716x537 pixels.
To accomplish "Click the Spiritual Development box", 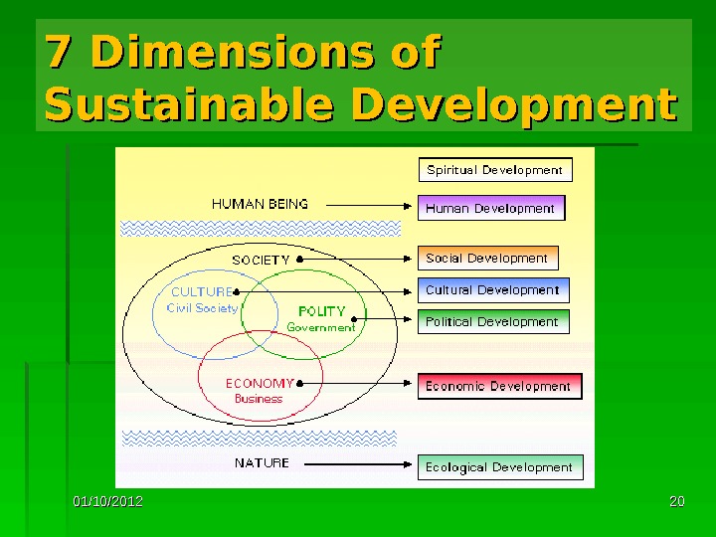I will tap(495, 170).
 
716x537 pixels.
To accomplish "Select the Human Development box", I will tap(490, 209).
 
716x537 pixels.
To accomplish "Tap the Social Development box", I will tap(487, 259).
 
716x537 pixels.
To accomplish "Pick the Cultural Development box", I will tap(493, 290).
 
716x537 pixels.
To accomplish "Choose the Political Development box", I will tap(492, 322).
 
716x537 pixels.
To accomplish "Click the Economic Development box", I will tap(498, 386).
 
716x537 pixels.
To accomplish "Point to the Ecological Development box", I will tap(499, 467).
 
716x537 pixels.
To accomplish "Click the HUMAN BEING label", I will tap(261, 204).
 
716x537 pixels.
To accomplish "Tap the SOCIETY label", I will tap(261, 260).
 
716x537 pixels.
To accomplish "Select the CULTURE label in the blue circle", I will tap(202, 292).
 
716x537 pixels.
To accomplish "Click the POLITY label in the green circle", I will tap(321, 311).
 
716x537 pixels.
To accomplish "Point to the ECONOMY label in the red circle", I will tap(260, 383).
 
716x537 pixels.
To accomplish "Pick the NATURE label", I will tap(262, 463).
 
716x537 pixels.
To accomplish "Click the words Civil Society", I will tap(202, 308).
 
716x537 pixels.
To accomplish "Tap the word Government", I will tap(320, 327).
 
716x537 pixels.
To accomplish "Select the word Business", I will tap(259, 399).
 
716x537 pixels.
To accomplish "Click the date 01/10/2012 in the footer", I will tap(107, 501).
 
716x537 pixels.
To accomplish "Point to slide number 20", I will tap(677, 501).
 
